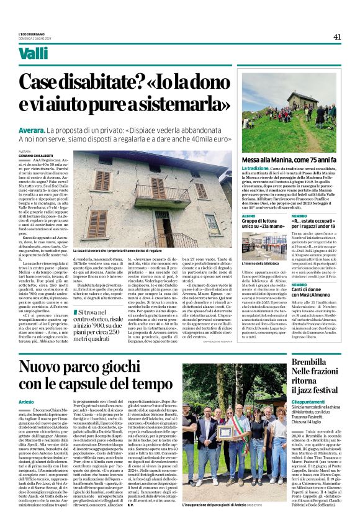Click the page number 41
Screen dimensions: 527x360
pyautogui.click(x=337, y=37)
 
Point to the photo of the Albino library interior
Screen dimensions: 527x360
pyautogui.click(x=263, y=246)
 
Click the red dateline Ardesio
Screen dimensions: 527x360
pyautogui.click(x=27, y=402)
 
